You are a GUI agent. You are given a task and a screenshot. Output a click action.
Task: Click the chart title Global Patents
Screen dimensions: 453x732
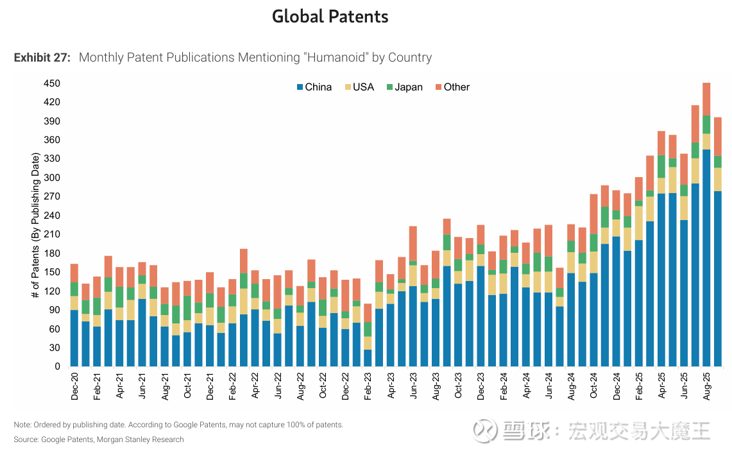tap(330, 17)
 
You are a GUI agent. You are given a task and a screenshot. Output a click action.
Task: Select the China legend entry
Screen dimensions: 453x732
tap(314, 87)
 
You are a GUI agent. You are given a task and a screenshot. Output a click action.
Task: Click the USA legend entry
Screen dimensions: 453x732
tap(359, 87)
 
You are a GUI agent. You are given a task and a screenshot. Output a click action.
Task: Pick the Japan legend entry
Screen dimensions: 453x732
tap(404, 87)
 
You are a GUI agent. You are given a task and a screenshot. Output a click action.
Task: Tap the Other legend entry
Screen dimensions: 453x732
tap(452, 87)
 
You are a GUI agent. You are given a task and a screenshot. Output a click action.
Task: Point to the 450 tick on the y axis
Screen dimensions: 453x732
tap(52, 83)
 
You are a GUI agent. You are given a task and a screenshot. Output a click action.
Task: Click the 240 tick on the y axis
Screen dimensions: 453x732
tap(52, 216)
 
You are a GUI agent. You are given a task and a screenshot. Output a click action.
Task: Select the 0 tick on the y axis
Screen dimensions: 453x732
tap(57, 366)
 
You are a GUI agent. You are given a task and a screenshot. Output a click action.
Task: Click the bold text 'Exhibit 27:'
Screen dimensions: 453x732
tap(42, 58)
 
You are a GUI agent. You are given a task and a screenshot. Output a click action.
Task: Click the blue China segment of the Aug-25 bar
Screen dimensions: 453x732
tap(706, 257)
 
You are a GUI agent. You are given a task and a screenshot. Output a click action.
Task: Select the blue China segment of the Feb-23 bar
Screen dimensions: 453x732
tap(368, 358)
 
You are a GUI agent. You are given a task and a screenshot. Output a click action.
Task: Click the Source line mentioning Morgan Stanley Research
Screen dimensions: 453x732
tap(99, 440)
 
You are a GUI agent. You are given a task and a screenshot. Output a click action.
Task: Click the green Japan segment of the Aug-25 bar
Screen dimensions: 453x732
tap(706, 124)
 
